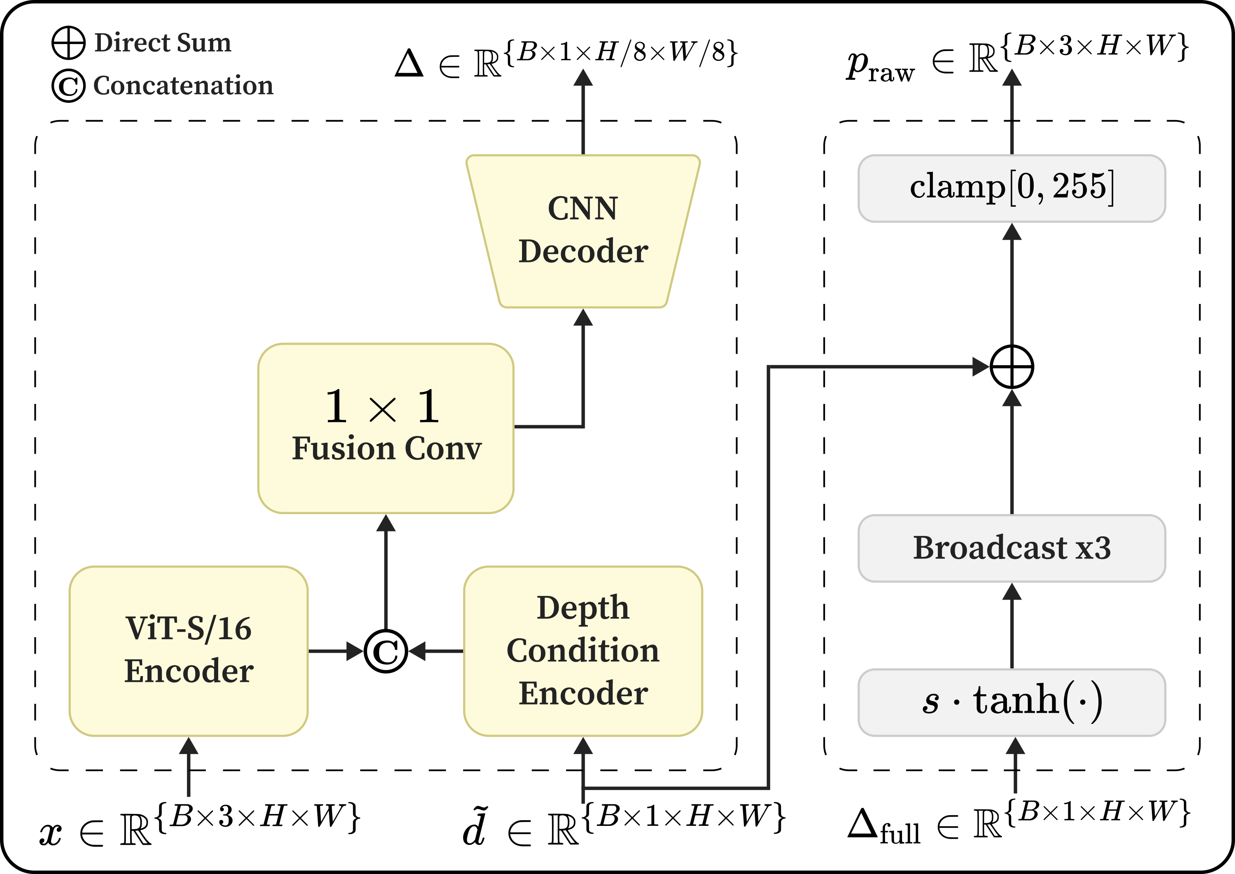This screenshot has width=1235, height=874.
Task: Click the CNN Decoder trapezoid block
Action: coord(583,232)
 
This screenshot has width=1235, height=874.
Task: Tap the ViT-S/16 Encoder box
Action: coord(189,651)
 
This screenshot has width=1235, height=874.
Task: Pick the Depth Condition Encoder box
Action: coord(583,651)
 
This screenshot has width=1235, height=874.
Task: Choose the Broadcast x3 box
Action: coord(1011,548)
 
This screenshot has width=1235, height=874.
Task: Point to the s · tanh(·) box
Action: coord(1011,702)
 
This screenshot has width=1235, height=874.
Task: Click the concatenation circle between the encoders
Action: coord(386,651)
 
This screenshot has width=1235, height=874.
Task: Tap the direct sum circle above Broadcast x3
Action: coord(1011,367)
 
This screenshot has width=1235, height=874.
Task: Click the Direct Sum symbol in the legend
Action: coord(68,42)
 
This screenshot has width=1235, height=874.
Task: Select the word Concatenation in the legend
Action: coord(183,86)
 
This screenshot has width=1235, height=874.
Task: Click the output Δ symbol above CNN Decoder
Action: coord(409,63)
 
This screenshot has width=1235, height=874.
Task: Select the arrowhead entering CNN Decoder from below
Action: coord(583,318)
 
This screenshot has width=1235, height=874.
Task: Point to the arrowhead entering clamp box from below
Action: coord(1011,232)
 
